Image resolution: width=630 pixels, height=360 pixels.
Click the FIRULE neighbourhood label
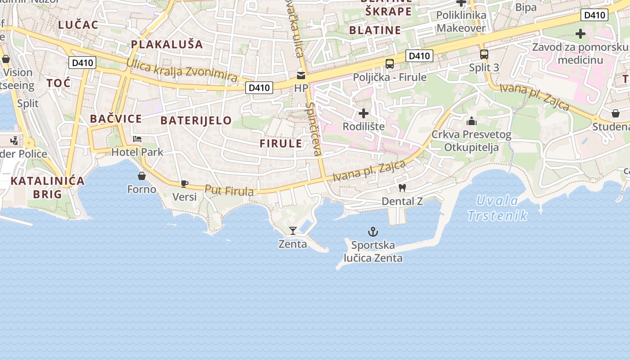pos(281,144)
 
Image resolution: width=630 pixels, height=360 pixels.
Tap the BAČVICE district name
pos(116,119)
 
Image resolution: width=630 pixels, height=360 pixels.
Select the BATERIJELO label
pos(196,121)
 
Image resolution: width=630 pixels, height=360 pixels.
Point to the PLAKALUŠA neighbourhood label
pos(167,44)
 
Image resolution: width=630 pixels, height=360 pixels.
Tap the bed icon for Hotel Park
pos(137,139)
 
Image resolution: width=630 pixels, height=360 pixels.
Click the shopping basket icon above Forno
pos(142,176)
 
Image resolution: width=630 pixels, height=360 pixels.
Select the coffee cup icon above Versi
pos(184,183)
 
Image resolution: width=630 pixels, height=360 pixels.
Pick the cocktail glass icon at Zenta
pos(293,231)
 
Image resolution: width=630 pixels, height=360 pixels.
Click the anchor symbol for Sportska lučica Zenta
pos(373,232)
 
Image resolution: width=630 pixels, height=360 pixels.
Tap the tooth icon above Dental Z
pos(402,188)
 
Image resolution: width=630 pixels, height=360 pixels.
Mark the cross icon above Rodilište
pos(364,113)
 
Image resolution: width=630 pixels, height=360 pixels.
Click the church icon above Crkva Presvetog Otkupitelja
pos(472,121)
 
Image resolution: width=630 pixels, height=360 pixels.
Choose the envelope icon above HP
pos(301,75)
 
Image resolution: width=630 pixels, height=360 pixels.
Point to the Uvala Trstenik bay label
pos(497,208)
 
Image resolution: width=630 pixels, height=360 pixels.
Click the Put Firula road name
pos(229,190)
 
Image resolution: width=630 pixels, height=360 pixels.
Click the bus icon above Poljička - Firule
pos(390,64)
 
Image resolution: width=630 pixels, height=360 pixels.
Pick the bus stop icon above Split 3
pos(484,54)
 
